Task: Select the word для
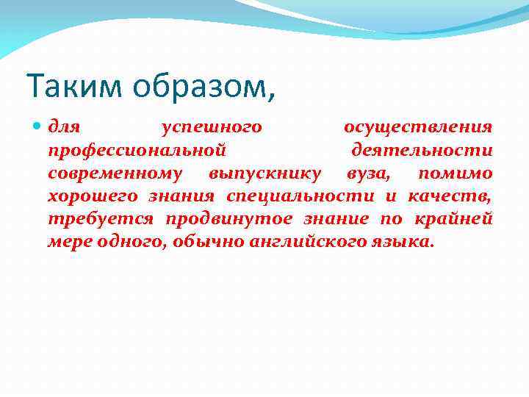(x=64, y=127)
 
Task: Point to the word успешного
(x=212, y=127)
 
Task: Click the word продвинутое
(x=228, y=219)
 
